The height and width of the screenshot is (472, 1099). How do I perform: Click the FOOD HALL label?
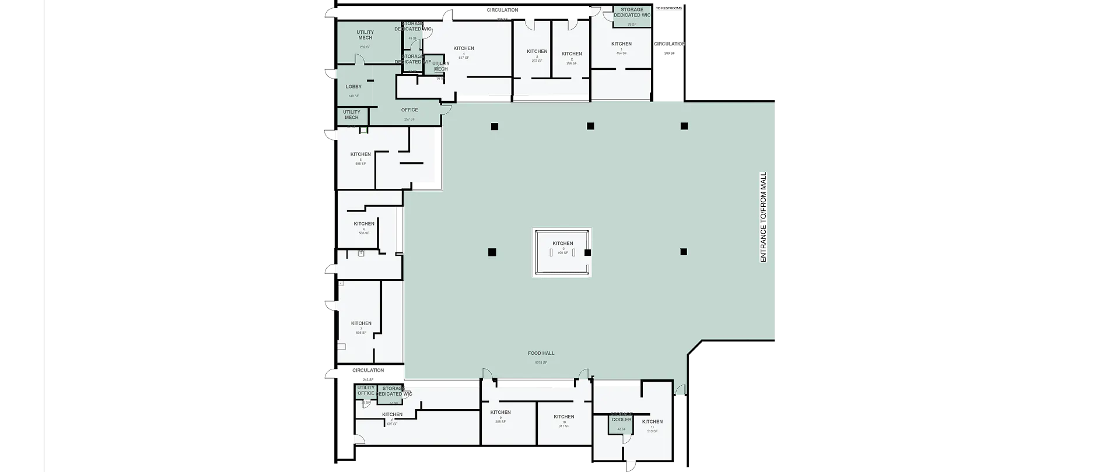point(541,353)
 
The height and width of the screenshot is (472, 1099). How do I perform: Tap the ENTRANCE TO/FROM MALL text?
point(763,217)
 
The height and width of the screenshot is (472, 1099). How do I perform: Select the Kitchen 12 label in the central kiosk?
point(563,244)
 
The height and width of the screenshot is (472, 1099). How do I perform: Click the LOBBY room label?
point(353,87)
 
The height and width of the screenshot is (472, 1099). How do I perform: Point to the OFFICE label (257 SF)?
point(409,110)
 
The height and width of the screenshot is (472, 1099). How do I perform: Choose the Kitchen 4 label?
point(464,48)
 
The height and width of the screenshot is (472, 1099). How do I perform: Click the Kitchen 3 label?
point(537,52)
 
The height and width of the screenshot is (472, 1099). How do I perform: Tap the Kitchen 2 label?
point(572,54)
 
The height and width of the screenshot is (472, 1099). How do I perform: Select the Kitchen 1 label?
point(621,44)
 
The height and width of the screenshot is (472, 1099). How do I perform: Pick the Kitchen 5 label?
point(360,155)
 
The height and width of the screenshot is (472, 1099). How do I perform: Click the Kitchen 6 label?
point(364,224)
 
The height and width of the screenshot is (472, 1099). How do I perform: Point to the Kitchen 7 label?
point(361,323)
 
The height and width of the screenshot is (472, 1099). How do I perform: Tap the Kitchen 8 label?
point(392,415)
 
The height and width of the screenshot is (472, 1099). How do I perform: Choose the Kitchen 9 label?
point(501,413)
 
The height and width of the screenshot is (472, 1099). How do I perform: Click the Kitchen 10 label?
point(564,417)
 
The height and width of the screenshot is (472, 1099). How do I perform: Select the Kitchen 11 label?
point(652,422)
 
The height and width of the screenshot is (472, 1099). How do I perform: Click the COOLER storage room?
point(621,420)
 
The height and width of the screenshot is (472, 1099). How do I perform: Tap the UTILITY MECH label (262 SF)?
point(365,36)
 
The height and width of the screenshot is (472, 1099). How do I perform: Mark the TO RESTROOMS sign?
point(668,9)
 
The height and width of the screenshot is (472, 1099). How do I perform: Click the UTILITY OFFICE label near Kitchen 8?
point(366,390)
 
